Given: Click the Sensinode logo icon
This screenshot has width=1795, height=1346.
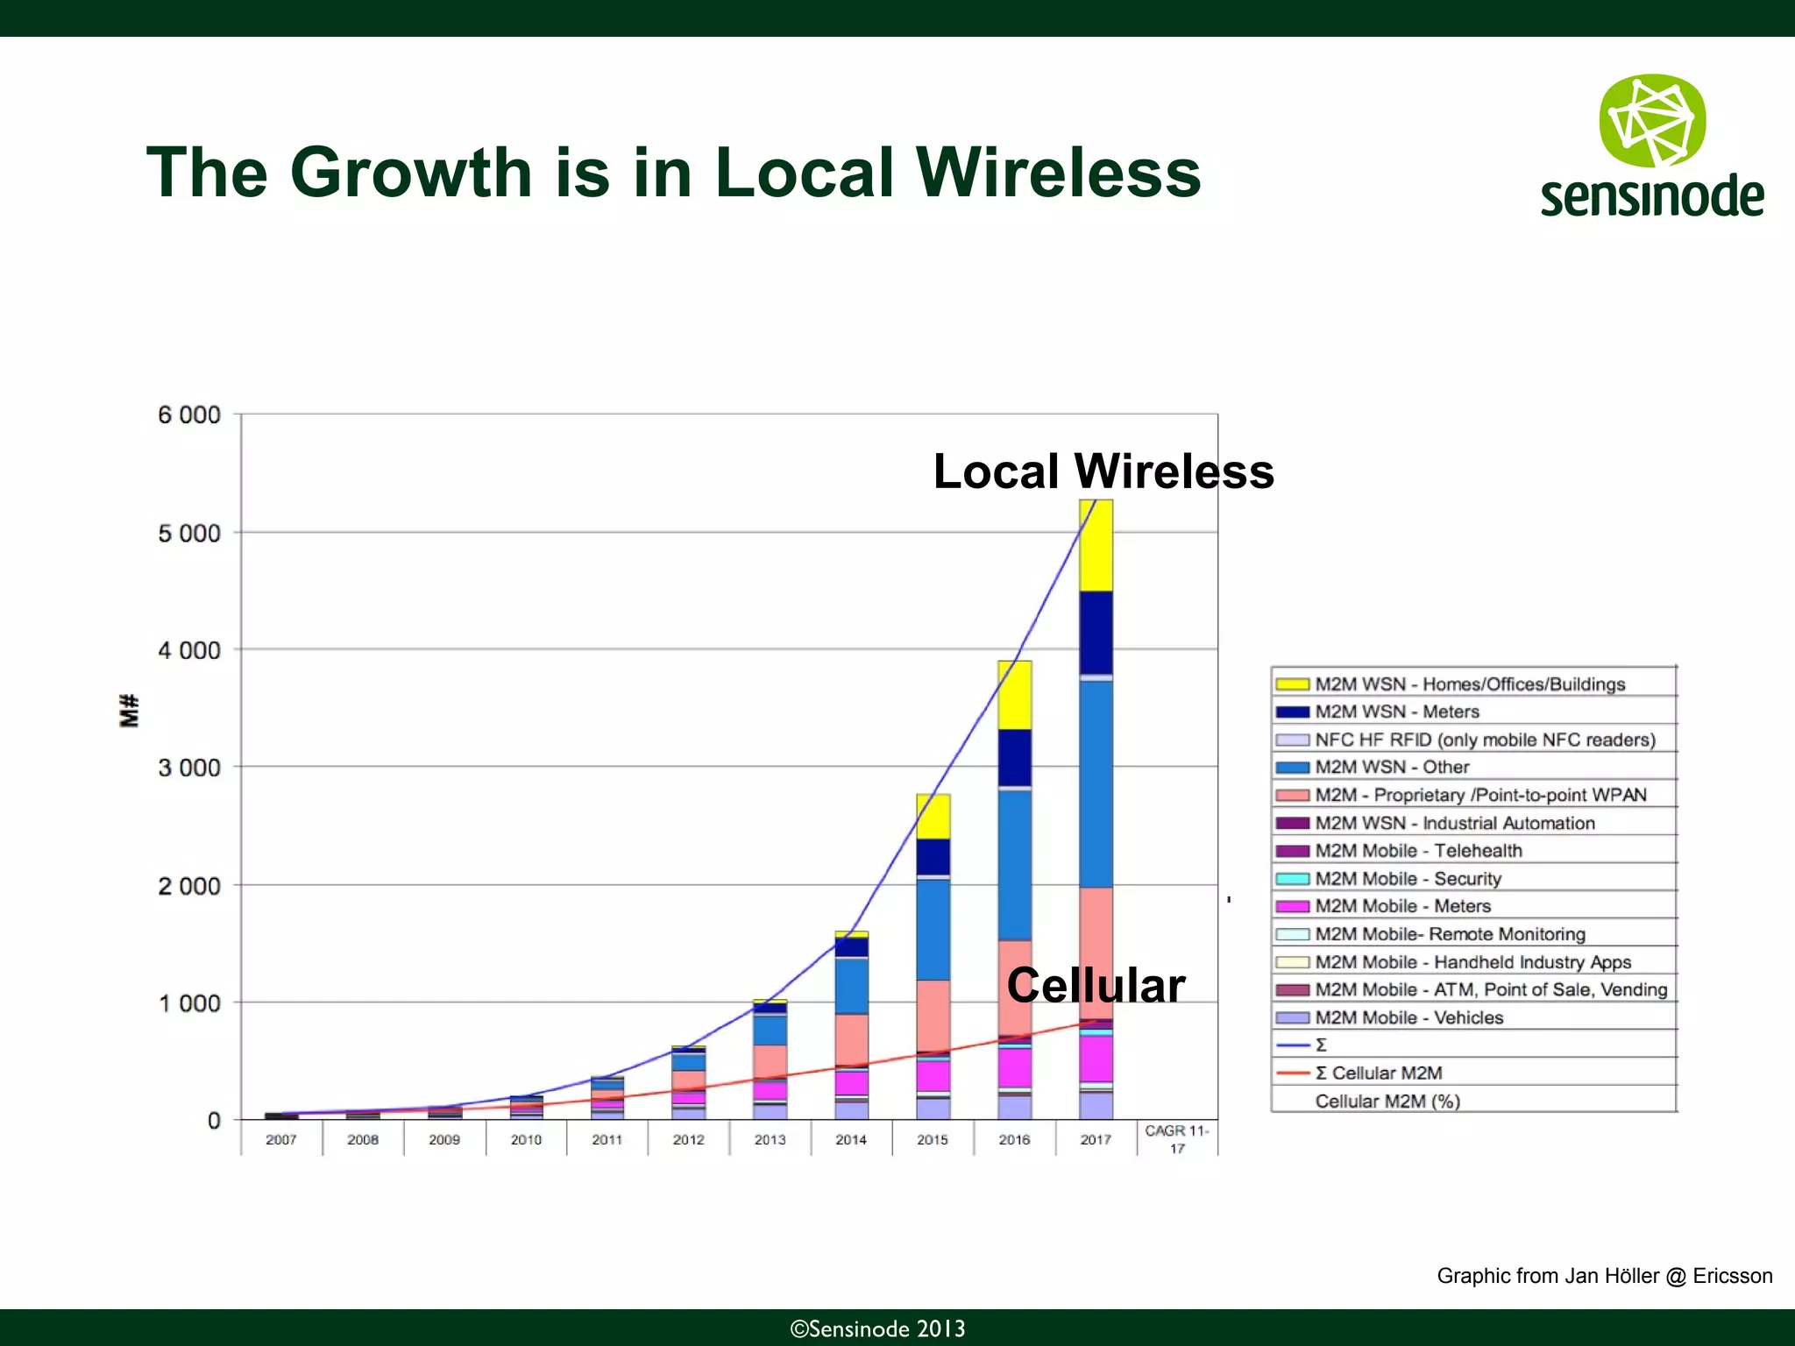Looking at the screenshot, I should coord(1652,121).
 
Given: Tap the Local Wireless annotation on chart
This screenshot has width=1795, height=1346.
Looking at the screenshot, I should coord(1103,471).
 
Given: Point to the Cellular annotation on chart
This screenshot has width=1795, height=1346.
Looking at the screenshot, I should coord(1096,985).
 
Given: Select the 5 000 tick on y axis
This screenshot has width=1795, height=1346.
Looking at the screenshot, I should coord(188,534).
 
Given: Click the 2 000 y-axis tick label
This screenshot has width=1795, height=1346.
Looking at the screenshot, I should coord(188,887).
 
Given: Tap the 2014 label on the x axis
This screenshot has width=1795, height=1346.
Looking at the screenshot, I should coord(850,1140).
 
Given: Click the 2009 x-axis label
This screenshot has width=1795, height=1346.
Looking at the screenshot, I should coord(444,1140).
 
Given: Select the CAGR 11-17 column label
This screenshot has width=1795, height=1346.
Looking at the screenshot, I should coord(1176,1139).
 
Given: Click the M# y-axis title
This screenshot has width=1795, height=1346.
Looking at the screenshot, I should coord(130,711).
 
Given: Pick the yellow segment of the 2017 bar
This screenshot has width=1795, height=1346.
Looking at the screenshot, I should coord(1096,546).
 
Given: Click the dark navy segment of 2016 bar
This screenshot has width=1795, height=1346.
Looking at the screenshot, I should coord(1014,757).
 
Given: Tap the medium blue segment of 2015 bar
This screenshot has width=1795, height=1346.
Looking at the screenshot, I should coord(933,929).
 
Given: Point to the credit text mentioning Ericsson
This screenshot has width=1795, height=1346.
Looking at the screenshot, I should coord(1604,1276).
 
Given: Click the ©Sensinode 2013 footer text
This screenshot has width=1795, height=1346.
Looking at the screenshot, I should coord(877,1328).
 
